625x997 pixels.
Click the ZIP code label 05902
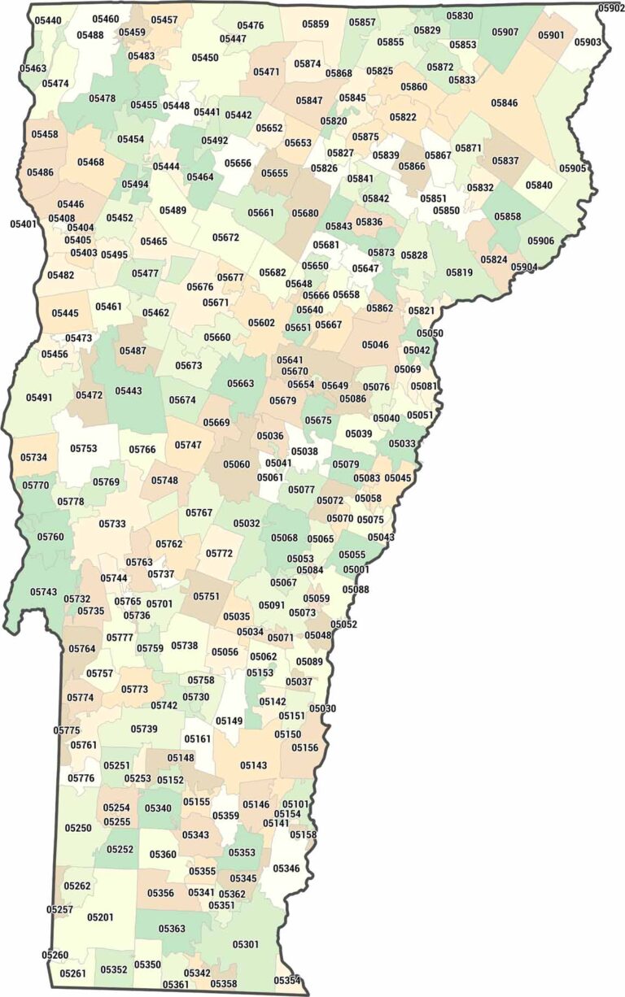click(610, 8)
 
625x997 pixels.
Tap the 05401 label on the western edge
click(24, 224)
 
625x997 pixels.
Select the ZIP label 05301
click(246, 944)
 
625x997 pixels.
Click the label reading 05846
click(505, 103)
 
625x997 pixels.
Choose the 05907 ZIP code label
click(505, 32)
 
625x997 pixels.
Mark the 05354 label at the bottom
click(287, 981)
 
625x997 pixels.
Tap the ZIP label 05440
click(48, 20)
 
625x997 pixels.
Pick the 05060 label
click(237, 464)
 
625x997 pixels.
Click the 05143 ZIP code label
click(254, 765)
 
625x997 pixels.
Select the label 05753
click(83, 448)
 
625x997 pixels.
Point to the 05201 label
click(100, 917)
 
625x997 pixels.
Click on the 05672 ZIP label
click(226, 237)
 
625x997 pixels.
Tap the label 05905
click(572, 168)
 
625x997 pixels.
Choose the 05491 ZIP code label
click(39, 398)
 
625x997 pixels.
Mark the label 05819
click(459, 272)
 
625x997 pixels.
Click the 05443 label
click(129, 391)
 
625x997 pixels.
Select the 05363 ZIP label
click(172, 928)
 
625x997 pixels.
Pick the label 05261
click(72, 973)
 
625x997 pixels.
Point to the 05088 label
click(356, 589)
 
